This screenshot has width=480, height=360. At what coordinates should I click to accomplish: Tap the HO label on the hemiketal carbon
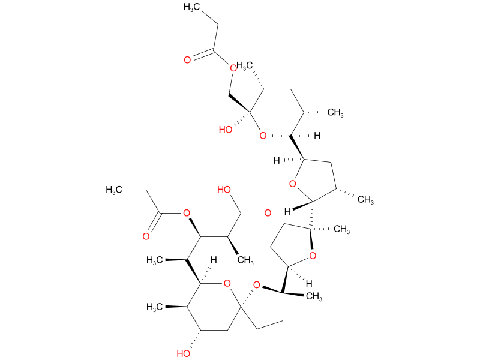pyautogui.click(x=227, y=130)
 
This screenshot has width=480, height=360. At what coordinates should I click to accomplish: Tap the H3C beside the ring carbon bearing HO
pyautogui.click(x=157, y=307)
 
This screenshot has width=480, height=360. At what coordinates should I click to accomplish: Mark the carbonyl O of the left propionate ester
pyautogui.click(x=146, y=236)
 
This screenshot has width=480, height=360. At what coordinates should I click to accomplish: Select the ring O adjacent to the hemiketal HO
pyautogui.click(x=262, y=136)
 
